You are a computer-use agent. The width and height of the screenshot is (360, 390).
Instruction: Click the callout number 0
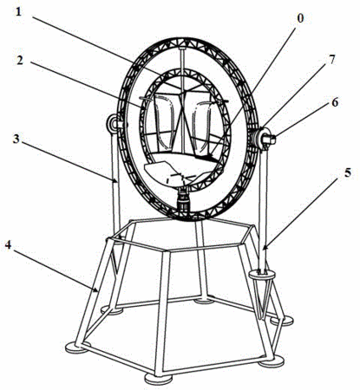(x=300, y=18)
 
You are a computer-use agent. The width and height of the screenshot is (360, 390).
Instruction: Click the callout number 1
(x=19, y=12)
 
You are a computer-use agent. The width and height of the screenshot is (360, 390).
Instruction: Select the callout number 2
(x=20, y=61)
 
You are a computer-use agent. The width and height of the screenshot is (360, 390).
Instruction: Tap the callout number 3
(x=16, y=139)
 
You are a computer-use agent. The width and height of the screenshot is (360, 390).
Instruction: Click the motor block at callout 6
(x=269, y=140)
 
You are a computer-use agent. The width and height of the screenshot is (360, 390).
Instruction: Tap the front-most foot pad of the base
(x=158, y=379)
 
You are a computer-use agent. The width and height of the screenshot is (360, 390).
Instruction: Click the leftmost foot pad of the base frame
(x=77, y=348)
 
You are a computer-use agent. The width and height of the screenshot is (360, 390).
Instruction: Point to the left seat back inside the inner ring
(x=165, y=121)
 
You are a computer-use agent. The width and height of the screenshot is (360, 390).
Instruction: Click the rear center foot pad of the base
(x=204, y=302)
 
